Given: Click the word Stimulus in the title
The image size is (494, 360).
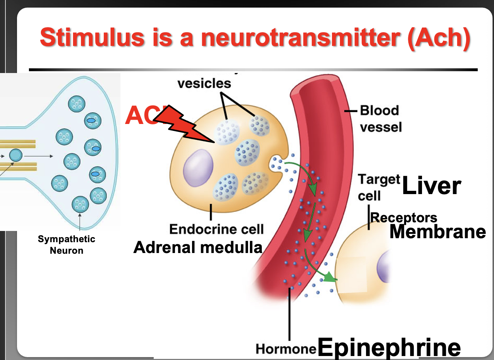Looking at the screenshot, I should click(x=92, y=38).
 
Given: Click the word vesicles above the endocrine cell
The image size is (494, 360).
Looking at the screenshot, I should click(x=204, y=83).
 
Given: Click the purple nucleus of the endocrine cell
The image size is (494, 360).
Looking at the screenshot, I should click(x=198, y=168).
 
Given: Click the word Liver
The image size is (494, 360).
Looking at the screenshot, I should click(x=431, y=186).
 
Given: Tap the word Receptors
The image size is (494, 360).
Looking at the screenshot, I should click(x=404, y=218).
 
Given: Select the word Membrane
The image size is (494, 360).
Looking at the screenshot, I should click(x=438, y=232).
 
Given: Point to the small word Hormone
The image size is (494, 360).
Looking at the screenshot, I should click(x=286, y=349).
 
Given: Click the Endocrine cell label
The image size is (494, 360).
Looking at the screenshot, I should click(x=216, y=229).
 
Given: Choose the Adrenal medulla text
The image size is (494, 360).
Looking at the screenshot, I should click(x=198, y=248).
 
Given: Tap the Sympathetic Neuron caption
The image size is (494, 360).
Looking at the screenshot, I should click(x=67, y=245).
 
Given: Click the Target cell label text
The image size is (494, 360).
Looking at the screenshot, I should click(x=378, y=187).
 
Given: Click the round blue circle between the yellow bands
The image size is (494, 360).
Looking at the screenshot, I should click(x=16, y=155).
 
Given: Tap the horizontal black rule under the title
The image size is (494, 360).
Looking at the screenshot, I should click(x=253, y=69).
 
